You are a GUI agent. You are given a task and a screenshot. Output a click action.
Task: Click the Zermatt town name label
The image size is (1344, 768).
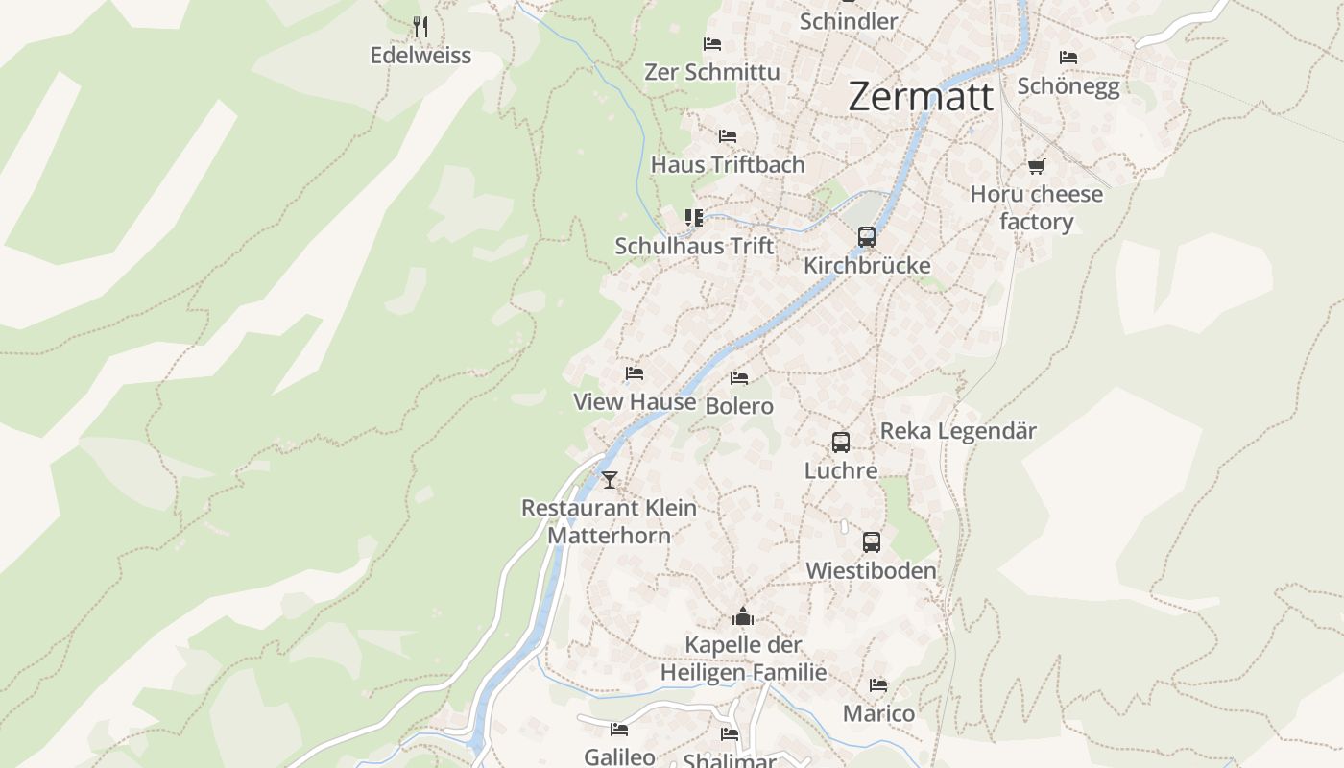click(921, 97)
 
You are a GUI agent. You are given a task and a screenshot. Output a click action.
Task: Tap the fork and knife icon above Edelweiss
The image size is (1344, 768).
click(420, 26)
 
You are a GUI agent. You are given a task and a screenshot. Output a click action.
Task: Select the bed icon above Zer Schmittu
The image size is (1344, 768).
click(712, 43)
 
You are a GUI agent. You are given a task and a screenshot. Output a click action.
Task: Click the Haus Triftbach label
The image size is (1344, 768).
click(728, 164)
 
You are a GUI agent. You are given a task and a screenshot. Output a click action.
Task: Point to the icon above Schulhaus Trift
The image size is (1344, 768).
click(693, 218)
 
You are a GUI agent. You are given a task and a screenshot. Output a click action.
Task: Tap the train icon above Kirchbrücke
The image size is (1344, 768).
click(867, 237)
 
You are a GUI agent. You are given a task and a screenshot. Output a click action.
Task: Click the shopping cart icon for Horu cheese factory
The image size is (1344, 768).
click(1036, 166)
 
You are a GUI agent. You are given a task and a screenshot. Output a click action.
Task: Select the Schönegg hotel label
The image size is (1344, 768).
click(1068, 86)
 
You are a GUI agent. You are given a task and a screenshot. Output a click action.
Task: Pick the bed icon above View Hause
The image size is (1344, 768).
click(634, 373)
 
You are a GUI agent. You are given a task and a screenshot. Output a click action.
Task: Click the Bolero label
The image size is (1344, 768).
click(739, 406)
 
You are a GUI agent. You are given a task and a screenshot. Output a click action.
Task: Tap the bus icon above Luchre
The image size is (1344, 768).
click(841, 443)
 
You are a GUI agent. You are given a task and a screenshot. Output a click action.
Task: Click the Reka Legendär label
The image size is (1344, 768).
click(958, 431)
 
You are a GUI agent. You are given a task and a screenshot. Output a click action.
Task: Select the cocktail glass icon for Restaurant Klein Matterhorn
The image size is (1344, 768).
click(609, 479)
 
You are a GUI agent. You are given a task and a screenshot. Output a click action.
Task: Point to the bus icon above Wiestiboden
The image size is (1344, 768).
click(871, 542)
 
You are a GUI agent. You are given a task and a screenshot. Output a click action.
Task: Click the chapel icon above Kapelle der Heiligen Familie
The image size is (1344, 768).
click(743, 616)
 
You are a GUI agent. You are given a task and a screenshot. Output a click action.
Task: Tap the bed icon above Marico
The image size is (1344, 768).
click(878, 685)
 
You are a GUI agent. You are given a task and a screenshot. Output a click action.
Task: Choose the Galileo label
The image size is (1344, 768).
click(619, 756)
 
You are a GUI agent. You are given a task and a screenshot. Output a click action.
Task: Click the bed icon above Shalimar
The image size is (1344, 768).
click(730, 734)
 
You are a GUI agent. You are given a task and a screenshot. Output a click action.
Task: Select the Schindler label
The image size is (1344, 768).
click(849, 21)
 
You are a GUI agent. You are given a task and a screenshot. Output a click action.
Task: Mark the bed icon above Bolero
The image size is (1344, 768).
click(739, 378)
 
